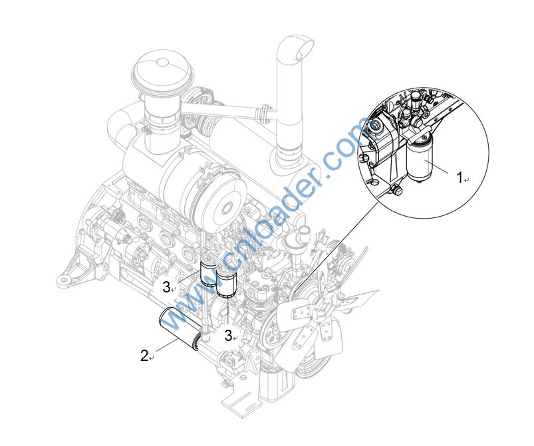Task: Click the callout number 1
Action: (x=460, y=177)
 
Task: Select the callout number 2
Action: (x=144, y=356)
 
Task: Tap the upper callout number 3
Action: (x=166, y=287)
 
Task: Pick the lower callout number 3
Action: (x=228, y=336)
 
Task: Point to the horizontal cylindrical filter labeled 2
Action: (x=179, y=328)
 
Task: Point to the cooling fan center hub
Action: (x=325, y=309)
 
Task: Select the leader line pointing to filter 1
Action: (x=441, y=168)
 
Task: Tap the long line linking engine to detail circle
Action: (x=335, y=247)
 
